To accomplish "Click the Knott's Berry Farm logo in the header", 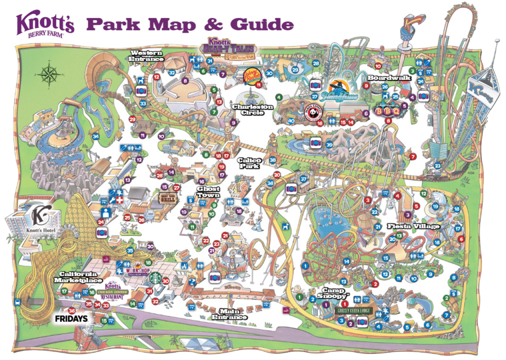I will tap(44, 25).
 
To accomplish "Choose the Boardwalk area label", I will tap(386, 78).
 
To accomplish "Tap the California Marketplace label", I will tap(78, 277).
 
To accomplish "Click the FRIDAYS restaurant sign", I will tap(71, 319).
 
